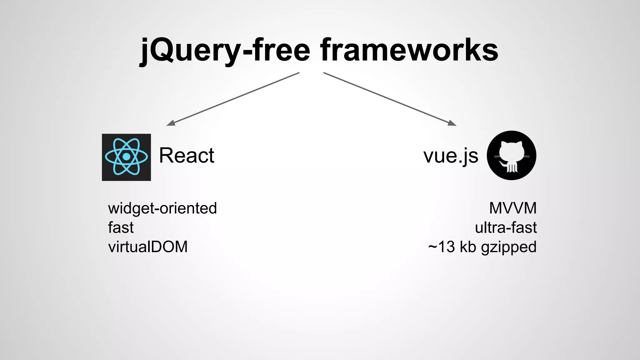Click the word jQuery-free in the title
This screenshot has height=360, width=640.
(x=225, y=50)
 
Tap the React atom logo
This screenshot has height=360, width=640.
(x=126, y=157)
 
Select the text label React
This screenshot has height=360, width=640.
(x=187, y=155)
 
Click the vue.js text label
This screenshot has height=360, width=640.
(x=451, y=156)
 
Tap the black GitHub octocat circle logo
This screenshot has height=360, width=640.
(x=512, y=155)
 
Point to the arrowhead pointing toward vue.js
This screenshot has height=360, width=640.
(x=452, y=123)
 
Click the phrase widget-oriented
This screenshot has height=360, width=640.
(x=162, y=208)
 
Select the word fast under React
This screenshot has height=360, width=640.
(x=121, y=227)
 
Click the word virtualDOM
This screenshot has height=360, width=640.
(x=148, y=247)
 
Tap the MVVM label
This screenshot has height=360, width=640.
(x=513, y=208)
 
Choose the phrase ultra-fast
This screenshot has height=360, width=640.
(x=506, y=227)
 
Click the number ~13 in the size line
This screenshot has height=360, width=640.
(x=442, y=247)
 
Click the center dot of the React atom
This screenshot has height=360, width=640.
(x=126, y=157)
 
